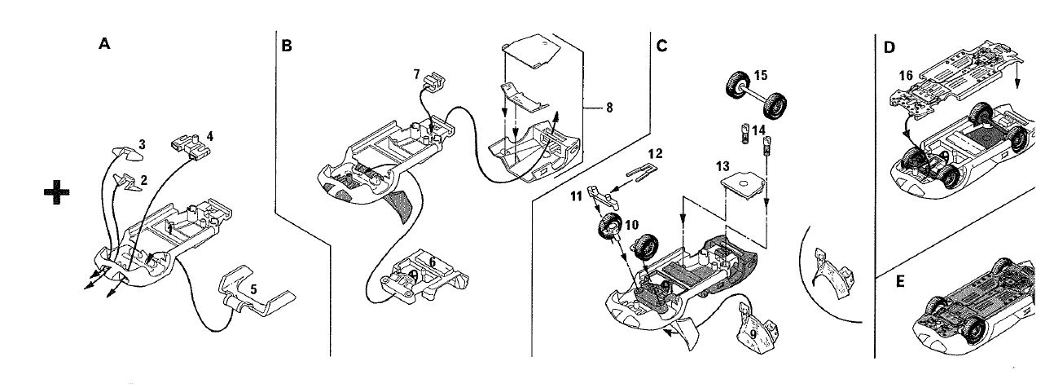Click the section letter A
click(104, 44)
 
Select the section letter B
click(287, 46)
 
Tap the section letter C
click(661, 46)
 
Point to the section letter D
click(889, 47)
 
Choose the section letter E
click(900, 282)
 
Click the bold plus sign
click(57, 192)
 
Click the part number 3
click(143, 144)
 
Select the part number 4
click(210, 136)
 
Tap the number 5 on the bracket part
click(253, 289)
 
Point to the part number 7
click(416, 74)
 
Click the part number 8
click(609, 108)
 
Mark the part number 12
click(655, 153)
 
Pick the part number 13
click(723, 166)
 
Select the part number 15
click(761, 75)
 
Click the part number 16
click(906, 75)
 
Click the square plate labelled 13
click(743, 185)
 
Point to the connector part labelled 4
click(191, 146)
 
